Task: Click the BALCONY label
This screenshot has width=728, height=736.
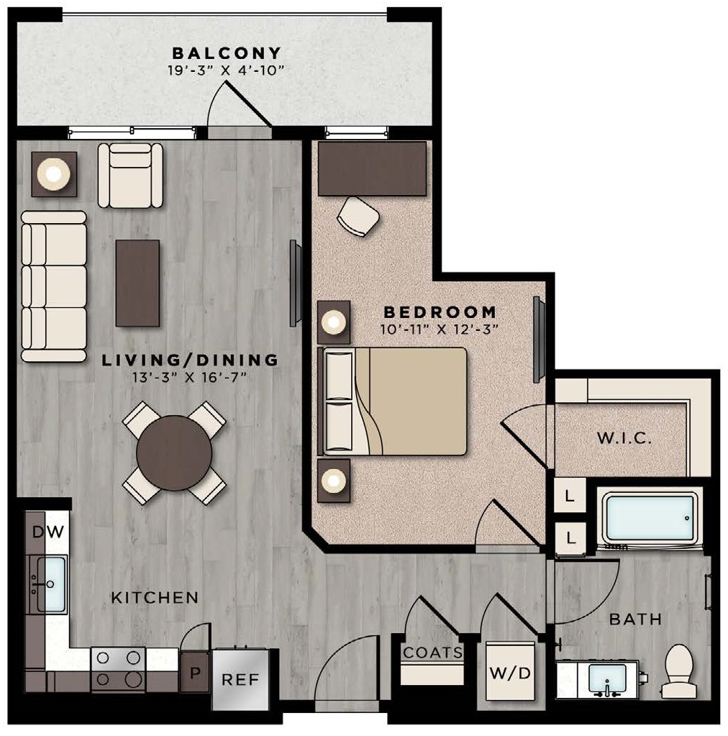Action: point(225,53)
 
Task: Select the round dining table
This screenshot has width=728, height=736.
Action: point(174,453)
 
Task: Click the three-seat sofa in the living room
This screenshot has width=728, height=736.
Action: point(54,286)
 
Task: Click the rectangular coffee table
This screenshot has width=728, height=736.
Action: point(137,283)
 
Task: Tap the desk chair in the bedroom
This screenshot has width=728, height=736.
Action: point(358,215)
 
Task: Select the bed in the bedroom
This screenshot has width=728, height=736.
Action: point(394,401)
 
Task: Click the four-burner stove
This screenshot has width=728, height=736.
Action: point(117,668)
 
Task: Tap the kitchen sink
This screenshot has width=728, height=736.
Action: point(51,583)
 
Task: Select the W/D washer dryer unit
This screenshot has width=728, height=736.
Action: point(510,673)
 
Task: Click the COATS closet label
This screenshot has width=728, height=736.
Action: point(432,653)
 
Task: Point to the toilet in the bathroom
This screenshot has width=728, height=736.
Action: point(678,671)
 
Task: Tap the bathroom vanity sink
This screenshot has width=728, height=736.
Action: point(606,679)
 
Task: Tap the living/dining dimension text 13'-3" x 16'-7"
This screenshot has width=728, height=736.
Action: point(190,378)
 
